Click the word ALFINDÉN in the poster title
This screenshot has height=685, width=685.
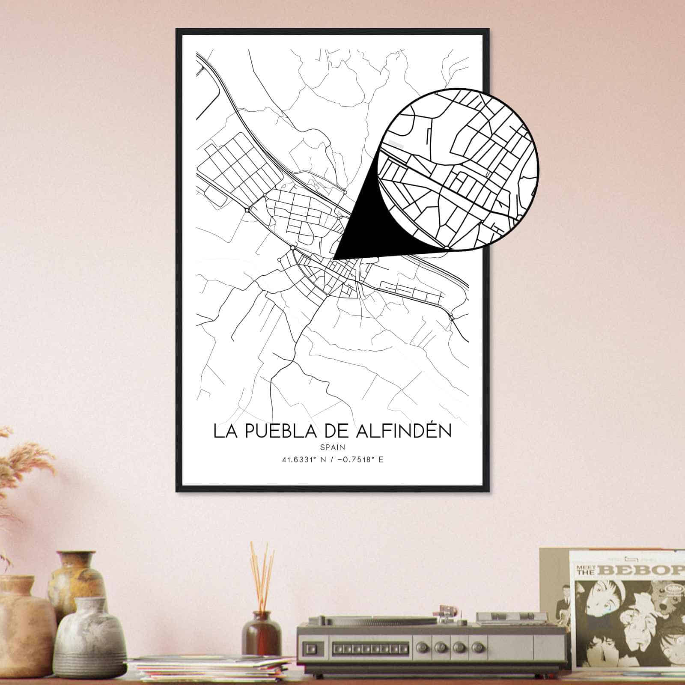point(404,431)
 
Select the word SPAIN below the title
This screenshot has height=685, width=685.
point(333,447)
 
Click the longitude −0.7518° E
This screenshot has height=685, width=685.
point(357,460)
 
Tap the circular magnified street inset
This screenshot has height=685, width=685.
point(458,169)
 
